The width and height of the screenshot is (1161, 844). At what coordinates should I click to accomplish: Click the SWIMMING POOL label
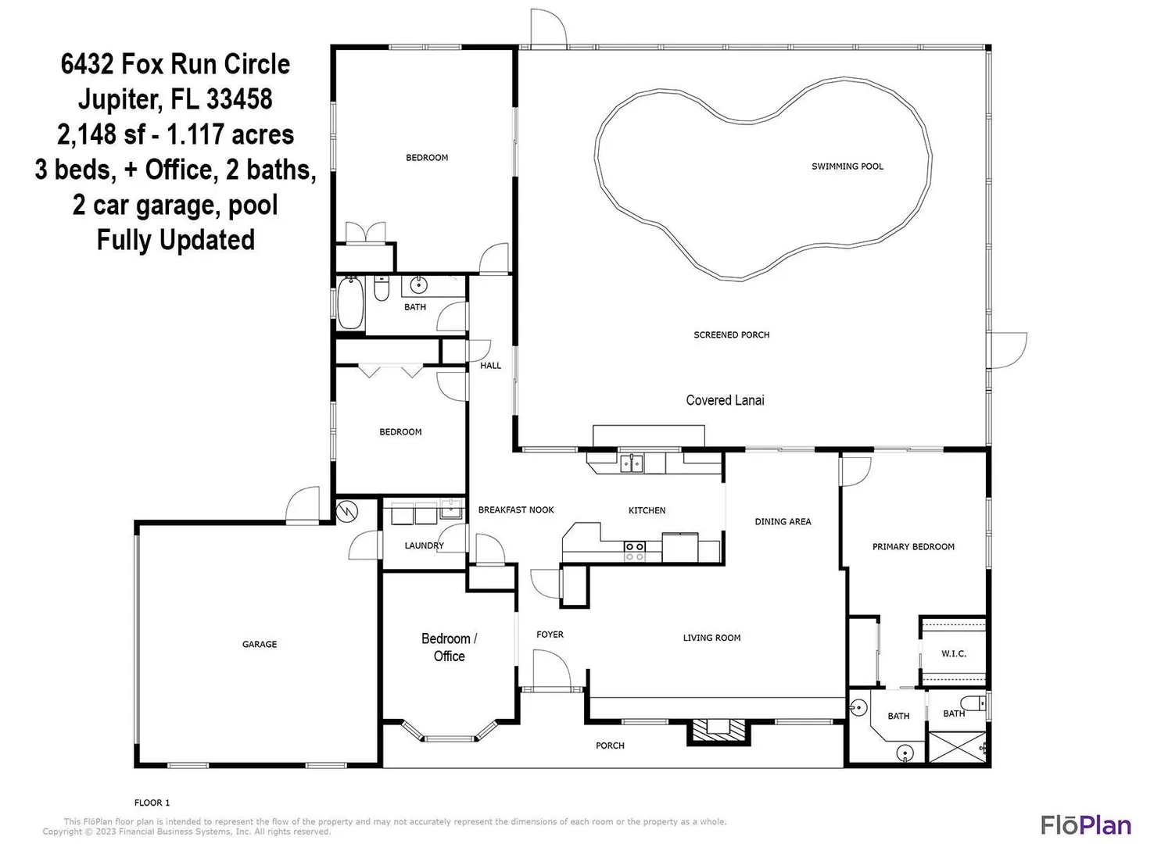coord(847,166)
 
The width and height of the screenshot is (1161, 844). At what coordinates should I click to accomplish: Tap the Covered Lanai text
coord(725,400)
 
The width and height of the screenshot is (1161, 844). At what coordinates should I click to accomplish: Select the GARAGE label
coord(259,644)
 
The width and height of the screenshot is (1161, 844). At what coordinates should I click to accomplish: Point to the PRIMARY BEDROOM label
coord(912,546)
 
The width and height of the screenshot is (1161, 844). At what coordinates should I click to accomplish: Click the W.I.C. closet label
coord(953,653)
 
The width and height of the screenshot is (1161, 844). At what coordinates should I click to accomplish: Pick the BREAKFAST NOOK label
coord(516,510)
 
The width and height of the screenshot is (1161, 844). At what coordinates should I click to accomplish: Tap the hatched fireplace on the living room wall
coord(718,732)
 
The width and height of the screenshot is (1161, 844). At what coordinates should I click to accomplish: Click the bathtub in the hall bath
coord(349,303)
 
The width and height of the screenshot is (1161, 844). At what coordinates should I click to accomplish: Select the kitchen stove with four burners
coord(634,551)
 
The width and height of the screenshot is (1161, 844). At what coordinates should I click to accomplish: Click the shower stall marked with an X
coord(957,747)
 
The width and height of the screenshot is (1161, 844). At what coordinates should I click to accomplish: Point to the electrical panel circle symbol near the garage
coord(346,512)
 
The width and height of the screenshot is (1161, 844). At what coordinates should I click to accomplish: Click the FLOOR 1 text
coord(152,803)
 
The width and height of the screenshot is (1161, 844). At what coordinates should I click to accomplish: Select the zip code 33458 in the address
coord(239,99)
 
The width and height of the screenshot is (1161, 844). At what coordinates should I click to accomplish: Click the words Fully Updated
coord(176,240)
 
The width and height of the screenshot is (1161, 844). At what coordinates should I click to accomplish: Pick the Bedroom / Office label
coord(449,647)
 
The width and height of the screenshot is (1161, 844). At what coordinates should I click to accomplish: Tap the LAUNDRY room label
coord(424,545)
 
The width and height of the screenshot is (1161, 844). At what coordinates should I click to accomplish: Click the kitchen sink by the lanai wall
coord(632,463)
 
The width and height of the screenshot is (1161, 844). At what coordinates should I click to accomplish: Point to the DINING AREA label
coord(783,522)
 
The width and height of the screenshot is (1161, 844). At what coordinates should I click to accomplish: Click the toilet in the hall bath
coord(382,288)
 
